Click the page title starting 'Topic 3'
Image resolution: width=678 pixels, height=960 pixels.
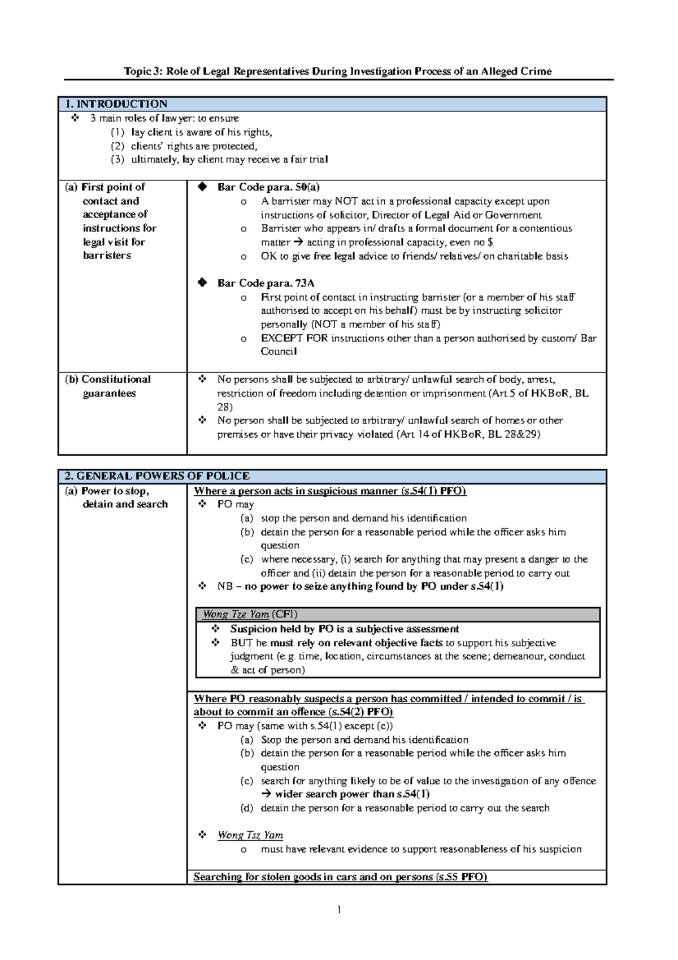pyautogui.click(x=338, y=71)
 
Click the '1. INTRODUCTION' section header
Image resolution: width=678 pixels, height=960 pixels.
pyautogui.click(x=116, y=104)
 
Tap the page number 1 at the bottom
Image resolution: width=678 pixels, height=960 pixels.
pyautogui.click(x=338, y=910)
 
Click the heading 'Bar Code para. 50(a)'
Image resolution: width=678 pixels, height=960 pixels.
pyautogui.click(x=268, y=187)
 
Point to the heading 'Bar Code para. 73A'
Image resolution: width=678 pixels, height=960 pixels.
pyautogui.click(x=266, y=283)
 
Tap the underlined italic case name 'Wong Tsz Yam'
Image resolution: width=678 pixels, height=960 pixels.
pyautogui.click(x=250, y=835)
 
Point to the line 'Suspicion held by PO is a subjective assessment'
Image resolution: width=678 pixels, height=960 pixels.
pyautogui.click(x=344, y=629)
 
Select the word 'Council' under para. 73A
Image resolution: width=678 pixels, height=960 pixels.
pyautogui.click(x=279, y=352)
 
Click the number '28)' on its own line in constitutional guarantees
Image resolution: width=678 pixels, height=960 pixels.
pyautogui.click(x=225, y=407)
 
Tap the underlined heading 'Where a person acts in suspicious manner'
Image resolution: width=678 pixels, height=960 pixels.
pyautogui.click(x=329, y=491)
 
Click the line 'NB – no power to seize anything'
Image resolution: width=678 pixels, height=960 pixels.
pyautogui.click(x=360, y=586)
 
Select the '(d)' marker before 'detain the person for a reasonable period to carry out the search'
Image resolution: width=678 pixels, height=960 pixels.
pyautogui.click(x=247, y=808)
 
